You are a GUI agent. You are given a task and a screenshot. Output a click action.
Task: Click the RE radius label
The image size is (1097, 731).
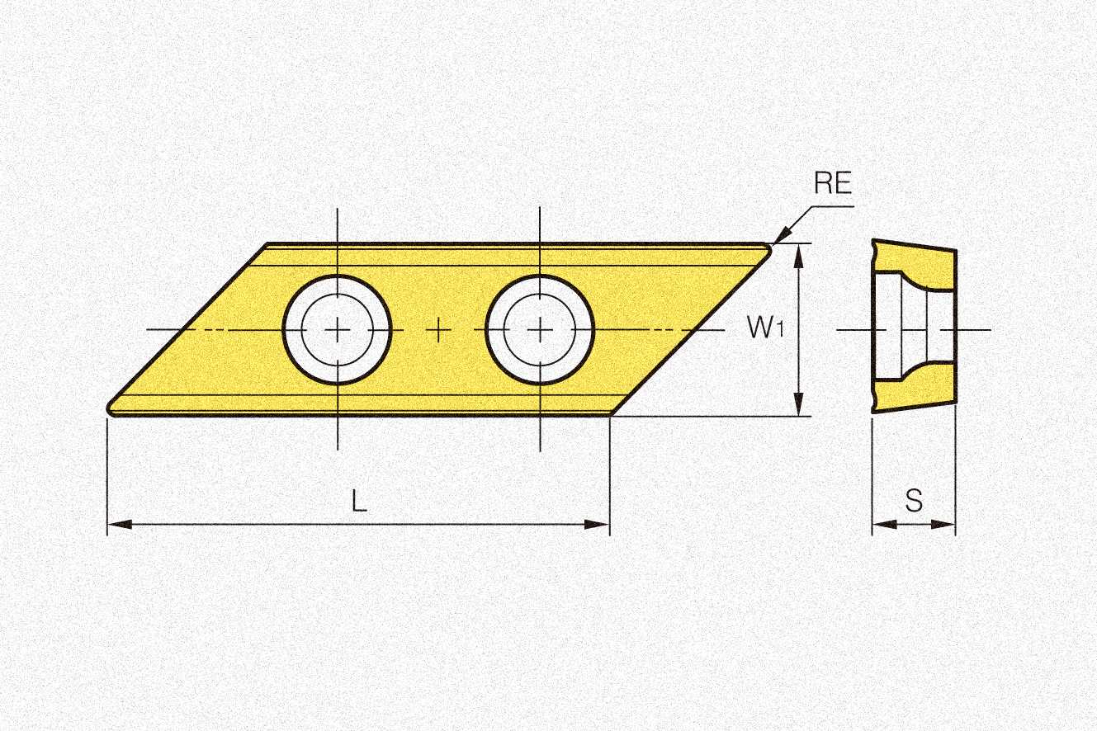click(x=832, y=182)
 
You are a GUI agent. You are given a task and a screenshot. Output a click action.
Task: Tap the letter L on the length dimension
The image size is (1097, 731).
click(x=359, y=501)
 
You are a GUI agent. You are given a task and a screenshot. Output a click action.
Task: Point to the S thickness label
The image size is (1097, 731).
click(x=914, y=501)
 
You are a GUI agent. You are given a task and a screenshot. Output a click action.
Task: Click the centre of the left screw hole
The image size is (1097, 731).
click(x=338, y=330)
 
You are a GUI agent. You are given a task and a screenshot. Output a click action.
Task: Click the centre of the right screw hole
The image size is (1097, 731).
click(x=540, y=330)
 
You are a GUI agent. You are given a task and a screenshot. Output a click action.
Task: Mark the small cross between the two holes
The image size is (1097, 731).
click(x=439, y=330)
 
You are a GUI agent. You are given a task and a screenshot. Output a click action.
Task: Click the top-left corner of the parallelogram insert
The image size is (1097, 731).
click(x=268, y=244)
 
